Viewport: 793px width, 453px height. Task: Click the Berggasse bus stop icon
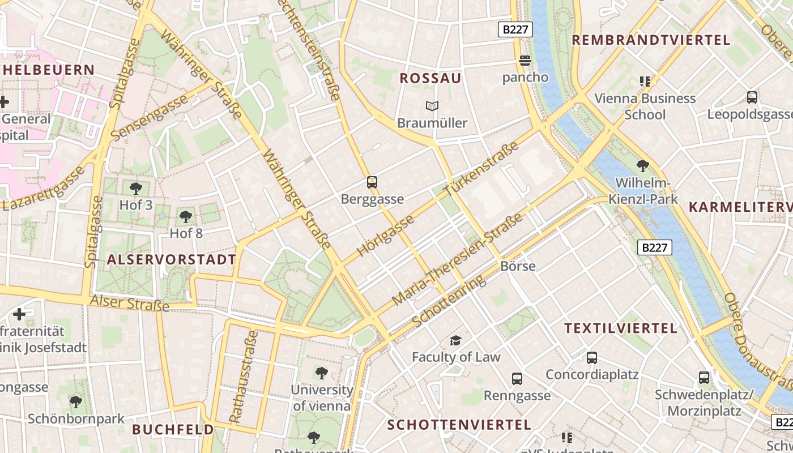tap(372, 182)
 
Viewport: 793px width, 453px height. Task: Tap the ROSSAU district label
tap(430, 78)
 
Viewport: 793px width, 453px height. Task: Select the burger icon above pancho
tap(525, 61)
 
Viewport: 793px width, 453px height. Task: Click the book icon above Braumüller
tap(432, 106)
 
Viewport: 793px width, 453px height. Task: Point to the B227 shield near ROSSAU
tap(515, 29)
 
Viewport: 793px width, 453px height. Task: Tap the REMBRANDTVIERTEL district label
tap(651, 40)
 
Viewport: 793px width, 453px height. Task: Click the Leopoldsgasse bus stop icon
tap(752, 97)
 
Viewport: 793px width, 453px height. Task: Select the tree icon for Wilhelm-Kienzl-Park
tap(643, 166)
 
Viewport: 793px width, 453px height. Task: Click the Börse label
tap(518, 266)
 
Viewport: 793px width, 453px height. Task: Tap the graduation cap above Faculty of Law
tap(455, 340)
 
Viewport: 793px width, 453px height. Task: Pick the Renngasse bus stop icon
tap(517, 379)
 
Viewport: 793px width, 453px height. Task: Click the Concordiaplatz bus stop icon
tap(592, 358)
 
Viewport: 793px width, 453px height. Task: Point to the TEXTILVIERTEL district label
tap(621, 328)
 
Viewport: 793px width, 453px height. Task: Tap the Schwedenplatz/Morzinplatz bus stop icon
tap(704, 378)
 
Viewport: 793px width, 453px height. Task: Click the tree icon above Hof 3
tap(135, 189)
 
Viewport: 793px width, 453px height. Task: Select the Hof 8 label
tap(186, 233)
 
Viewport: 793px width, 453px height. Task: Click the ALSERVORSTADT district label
tap(171, 260)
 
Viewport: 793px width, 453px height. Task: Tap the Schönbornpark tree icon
tap(76, 402)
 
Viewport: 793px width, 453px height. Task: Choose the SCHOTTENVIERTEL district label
tap(459, 425)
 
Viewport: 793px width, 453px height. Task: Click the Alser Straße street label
tap(130, 303)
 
